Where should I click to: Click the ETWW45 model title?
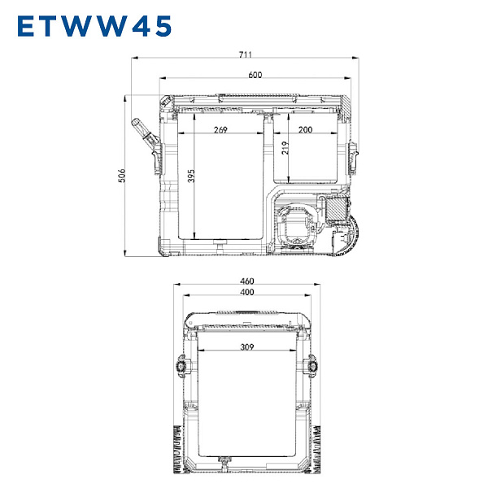pos(94,26)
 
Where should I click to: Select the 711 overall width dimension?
pos(246,54)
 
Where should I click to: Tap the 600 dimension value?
pos(255,75)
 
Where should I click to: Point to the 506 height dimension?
pos(122,176)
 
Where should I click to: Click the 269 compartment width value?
pos(220,129)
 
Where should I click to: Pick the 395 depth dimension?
pos(191,176)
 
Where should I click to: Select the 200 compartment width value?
pos(305,129)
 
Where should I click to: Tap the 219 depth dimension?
pos(285,148)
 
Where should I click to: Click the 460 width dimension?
pos(247,281)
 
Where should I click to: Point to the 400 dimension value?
pos(247,292)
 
